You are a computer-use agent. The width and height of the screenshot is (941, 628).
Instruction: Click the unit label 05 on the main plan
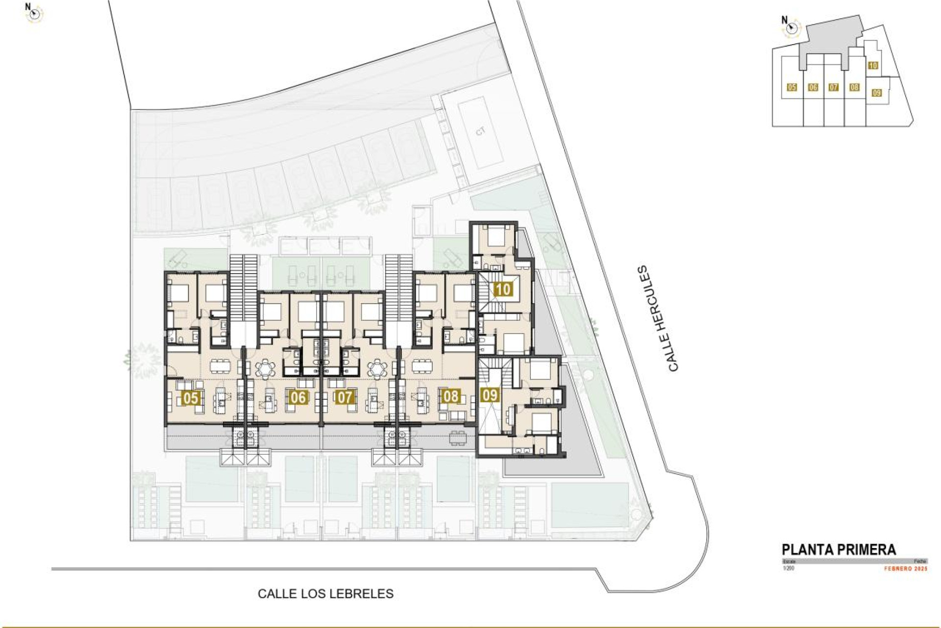(x=190, y=398)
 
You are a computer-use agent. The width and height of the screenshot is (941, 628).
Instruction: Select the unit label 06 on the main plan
(x=298, y=397)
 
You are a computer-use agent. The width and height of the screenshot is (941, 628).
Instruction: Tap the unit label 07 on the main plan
(x=345, y=397)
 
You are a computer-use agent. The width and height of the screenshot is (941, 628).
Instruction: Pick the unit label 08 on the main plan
(x=451, y=396)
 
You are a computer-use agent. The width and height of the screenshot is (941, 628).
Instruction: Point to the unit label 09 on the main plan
(x=490, y=395)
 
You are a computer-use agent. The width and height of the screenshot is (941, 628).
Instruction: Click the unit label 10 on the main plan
(x=503, y=289)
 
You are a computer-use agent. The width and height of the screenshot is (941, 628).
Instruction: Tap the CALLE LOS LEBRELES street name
(x=325, y=594)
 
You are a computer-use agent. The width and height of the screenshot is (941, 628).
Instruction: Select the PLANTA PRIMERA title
(x=839, y=549)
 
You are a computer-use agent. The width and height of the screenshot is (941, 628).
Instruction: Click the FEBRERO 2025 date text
(x=906, y=569)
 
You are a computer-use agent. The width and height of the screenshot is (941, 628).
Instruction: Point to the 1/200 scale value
(x=788, y=568)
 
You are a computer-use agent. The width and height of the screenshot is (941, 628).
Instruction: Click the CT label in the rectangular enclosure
(x=480, y=131)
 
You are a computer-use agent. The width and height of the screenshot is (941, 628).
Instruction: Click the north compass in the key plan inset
(x=789, y=28)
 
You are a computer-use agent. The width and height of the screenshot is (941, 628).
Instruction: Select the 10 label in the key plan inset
(x=873, y=66)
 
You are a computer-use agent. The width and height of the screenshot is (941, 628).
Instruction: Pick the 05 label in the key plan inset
(x=792, y=87)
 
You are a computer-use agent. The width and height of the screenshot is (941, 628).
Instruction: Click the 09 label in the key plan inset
(x=877, y=93)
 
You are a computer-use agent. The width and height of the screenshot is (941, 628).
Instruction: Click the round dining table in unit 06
(x=265, y=368)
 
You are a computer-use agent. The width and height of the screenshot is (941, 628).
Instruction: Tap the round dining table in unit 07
(x=377, y=368)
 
